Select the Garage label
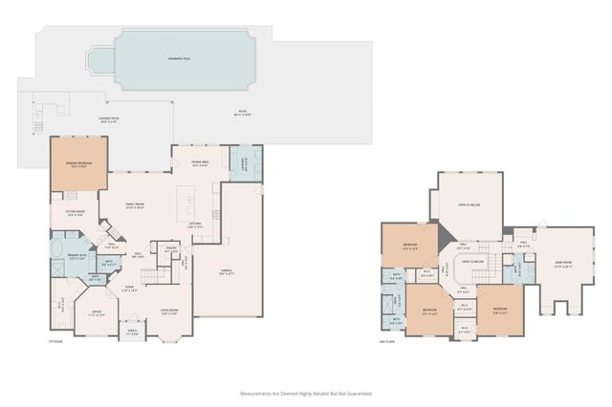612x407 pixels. (227, 272)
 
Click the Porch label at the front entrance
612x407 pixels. (131, 333)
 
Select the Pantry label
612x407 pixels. (172, 250)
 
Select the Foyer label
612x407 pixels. (130, 289)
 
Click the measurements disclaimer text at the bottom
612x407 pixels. (304, 393)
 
